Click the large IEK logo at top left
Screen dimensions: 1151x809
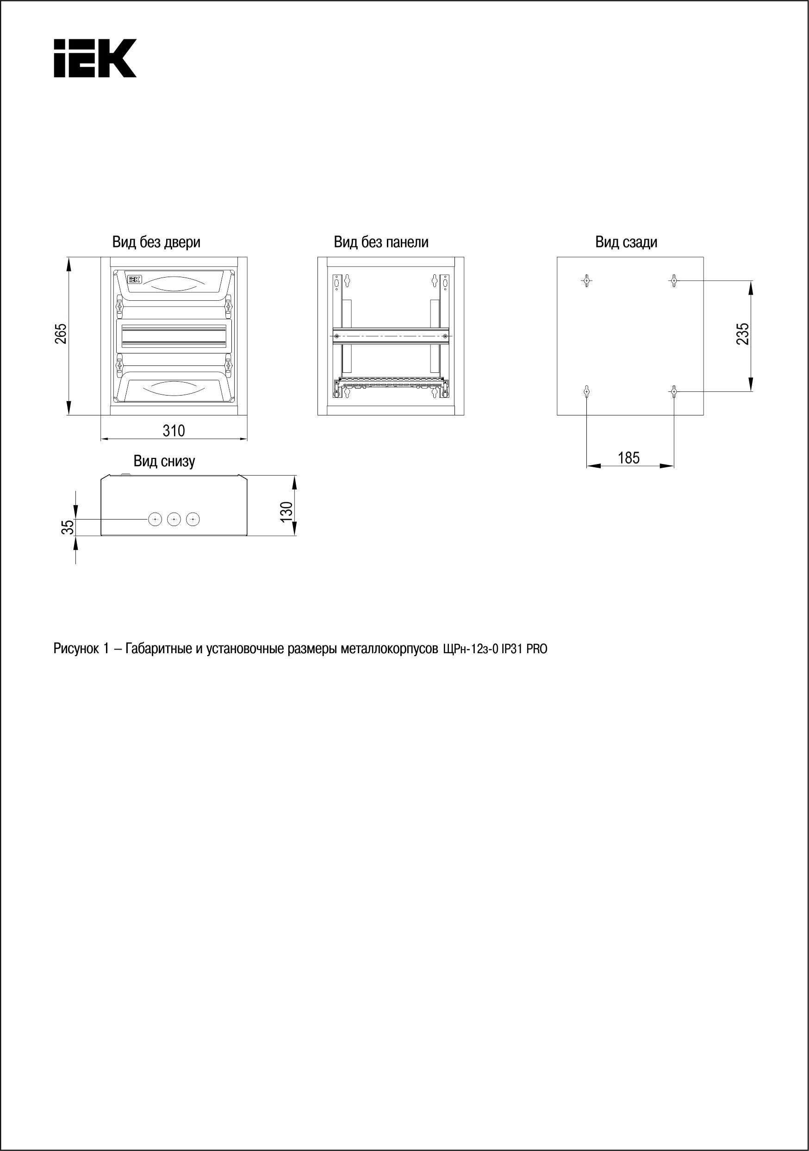pyautogui.click(x=95, y=58)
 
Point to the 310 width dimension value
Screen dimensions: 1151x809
pyautogui.click(x=174, y=430)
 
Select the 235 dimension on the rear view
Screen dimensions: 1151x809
pyautogui.click(x=743, y=334)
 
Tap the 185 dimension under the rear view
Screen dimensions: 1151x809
pyautogui.click(x=629, y=458)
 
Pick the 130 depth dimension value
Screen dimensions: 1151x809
pyautogui.click(x=286, y=511)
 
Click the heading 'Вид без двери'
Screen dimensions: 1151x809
pyautogui.click(x=156, y=242)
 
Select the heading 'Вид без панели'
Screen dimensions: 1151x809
pyautogui.click(x=381, y=242)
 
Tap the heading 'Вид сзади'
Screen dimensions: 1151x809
pyautogui.click(x=626, y=242)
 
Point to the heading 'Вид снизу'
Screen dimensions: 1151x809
pyautogui.click(x=164, y=461)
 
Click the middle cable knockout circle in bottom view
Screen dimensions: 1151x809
pyautogui.click(x=174, y=520)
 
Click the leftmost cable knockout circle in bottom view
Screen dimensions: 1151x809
pyautogui.click(x=155, y=520)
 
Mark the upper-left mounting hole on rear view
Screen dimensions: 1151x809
pyautogui.click(x=587, y=280)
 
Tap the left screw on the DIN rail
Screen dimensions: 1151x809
pyautogui.click(x=337, y=335)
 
